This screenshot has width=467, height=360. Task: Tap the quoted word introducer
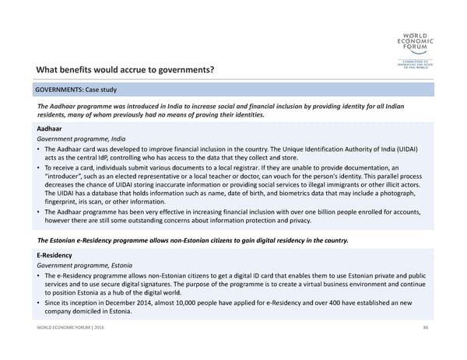coord(69,176)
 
